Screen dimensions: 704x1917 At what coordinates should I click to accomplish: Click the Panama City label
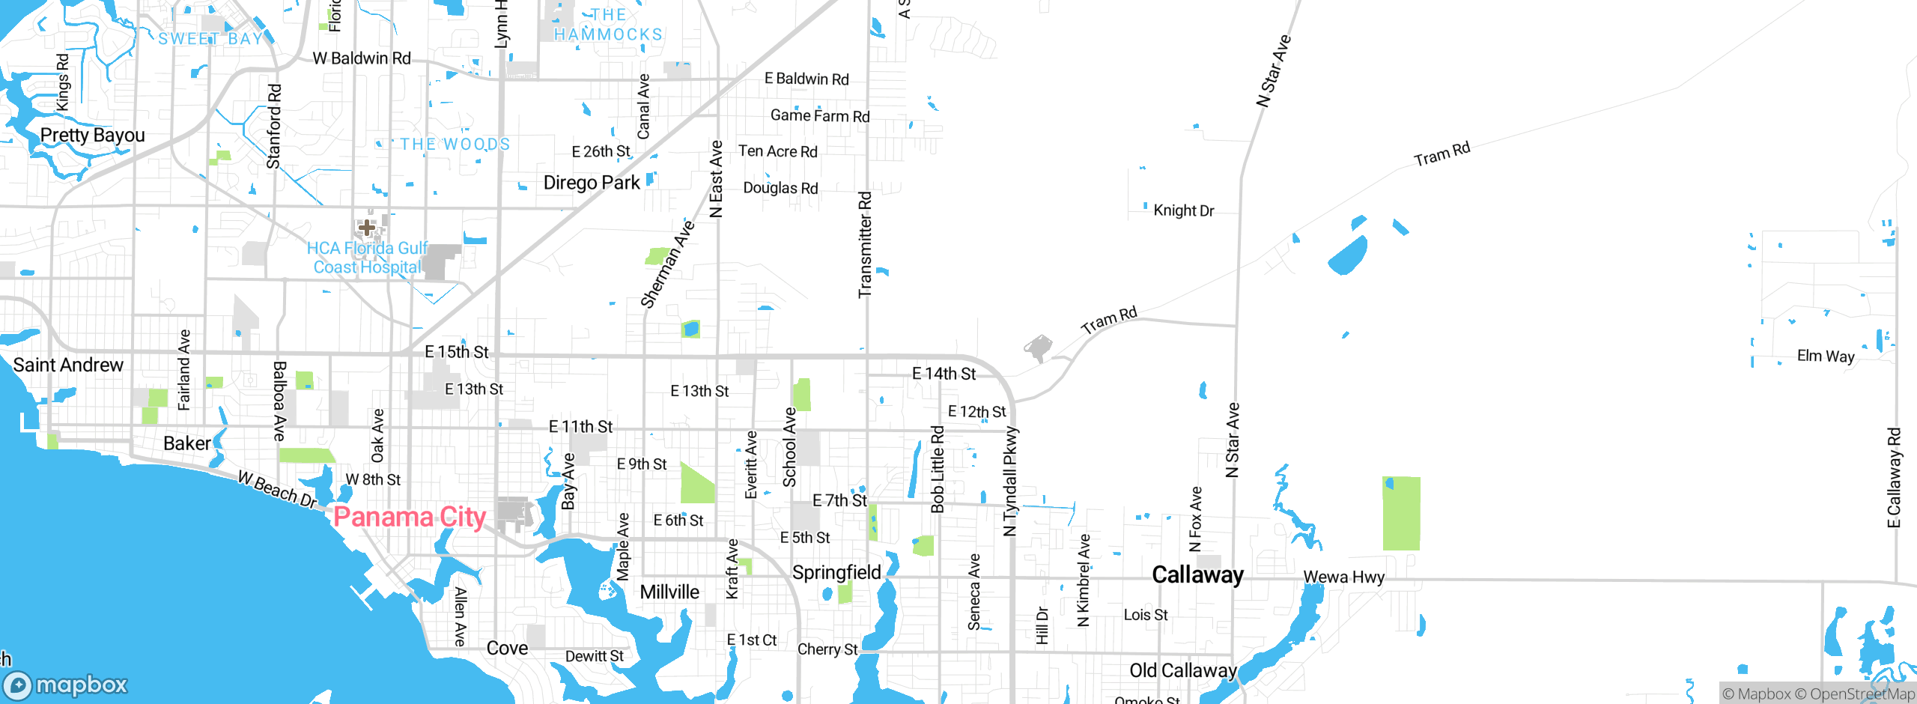coord(410,517)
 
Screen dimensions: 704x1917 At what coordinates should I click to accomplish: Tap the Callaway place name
coord(1197,574)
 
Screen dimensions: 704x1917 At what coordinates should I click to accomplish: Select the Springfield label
coord(836,572)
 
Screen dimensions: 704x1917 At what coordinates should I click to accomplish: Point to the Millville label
coord(669,592)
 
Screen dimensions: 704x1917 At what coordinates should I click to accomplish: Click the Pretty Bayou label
coord(92,135)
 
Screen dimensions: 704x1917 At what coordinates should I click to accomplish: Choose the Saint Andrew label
coord(68,365)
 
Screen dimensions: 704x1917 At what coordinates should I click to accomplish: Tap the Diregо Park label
coord(592,183)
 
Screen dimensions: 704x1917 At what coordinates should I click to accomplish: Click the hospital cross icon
coord(367,226)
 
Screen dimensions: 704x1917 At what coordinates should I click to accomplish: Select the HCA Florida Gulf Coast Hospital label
coord(367,258)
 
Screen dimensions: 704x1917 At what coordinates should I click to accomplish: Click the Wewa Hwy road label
coord(1343,577)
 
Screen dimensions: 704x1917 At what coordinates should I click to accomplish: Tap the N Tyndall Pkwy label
coord(1010,481)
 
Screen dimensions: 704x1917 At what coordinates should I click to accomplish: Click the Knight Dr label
coord(1183,210)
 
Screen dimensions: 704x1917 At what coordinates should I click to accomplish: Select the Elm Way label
coord(1826,356)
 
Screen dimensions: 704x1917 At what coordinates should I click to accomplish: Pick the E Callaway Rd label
coord(1894,477)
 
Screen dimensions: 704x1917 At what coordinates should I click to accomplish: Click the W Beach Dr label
coord(278,489)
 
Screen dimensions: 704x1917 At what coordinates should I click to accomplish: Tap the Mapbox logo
coord(66,685)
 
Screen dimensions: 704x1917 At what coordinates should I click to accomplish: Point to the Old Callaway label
coord(1182,670)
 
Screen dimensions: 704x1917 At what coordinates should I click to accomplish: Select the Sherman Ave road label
coord(667,264)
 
